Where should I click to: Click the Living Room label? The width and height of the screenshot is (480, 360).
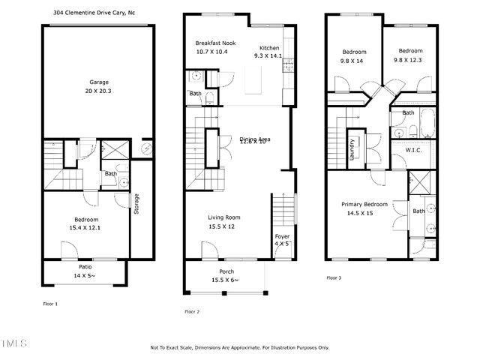coord(224,217)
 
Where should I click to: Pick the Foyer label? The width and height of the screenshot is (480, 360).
coord(282,236)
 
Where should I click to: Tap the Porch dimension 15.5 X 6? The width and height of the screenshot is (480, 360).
coord(226,280)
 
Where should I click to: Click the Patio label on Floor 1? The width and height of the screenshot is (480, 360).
coord(86,267)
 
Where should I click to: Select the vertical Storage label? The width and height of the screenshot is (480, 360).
coord(136,205)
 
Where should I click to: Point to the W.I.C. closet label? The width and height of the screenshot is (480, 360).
coord(414,150)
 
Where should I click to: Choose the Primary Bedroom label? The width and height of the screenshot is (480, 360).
coord(364,204)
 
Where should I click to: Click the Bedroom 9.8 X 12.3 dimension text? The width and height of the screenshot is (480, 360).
coord(410,61)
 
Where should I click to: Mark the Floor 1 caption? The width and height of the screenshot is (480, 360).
coord(50,304)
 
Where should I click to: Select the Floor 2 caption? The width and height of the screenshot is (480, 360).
coord(193,310)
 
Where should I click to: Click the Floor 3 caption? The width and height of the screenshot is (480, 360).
coord(334,277)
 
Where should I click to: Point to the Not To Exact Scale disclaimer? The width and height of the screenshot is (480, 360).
coord(239,347)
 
